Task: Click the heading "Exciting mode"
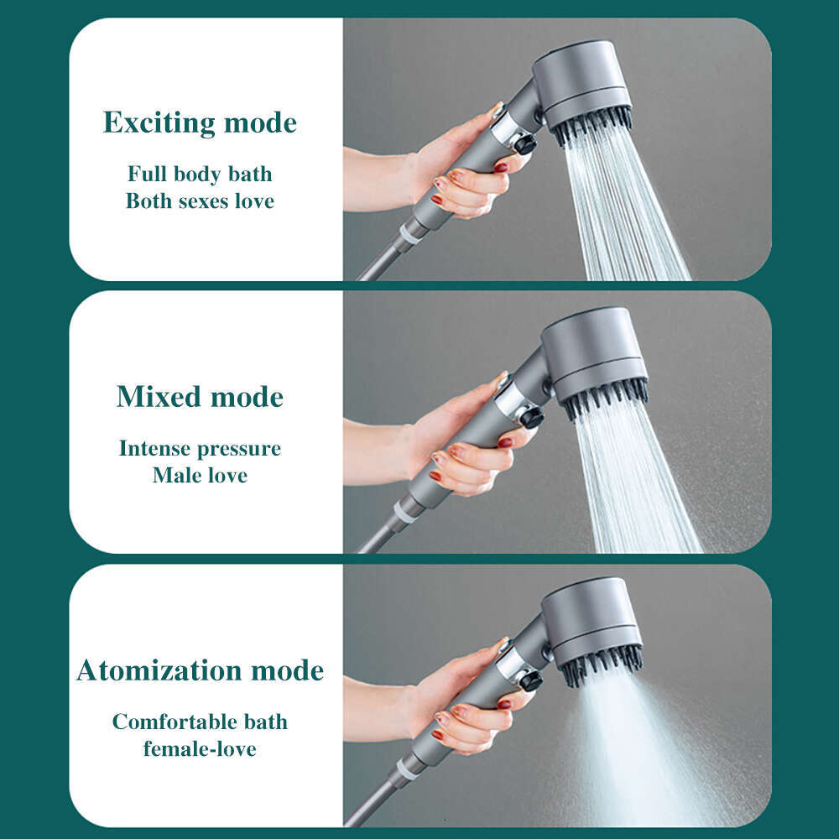(x=200, y=123)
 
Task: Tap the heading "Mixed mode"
(x=200, y=397)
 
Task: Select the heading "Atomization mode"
(x=200, y=670)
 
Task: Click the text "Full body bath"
(x=200, y=175)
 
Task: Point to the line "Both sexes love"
(x=200, y=201)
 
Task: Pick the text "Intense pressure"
(x=200, y=448)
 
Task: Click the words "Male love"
(x=200, y=476)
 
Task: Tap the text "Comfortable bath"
(x=200, y=722)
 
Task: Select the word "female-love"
(x=200, y=748)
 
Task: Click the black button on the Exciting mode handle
(x=526, y=144)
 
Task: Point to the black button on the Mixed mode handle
(x=530, y=417)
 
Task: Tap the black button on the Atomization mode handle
(x=530, y=680)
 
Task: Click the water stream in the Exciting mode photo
(x=625, y=210)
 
